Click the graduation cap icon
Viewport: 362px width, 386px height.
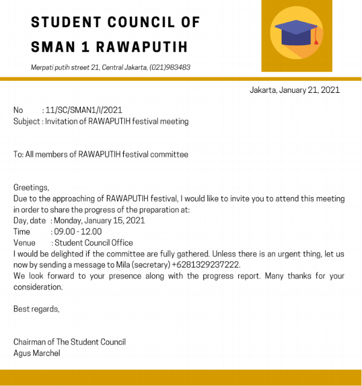click(x=296, y=31)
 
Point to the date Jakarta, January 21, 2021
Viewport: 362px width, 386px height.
click(x=294, y=90)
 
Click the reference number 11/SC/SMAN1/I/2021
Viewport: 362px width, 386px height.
click(x=84, y=110)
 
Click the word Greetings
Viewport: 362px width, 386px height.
click(x=31, y=188)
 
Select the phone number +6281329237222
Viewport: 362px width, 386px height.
click(x=206, y=265)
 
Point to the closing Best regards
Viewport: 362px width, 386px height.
click(x=36, y=309)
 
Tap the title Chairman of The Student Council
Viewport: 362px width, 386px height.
click(x=69, y=342)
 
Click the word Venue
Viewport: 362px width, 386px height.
click(x=25, y=242)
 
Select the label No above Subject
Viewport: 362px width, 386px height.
click(x=18, y=110)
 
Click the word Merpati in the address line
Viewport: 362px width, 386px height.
click(x=44, y=68)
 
